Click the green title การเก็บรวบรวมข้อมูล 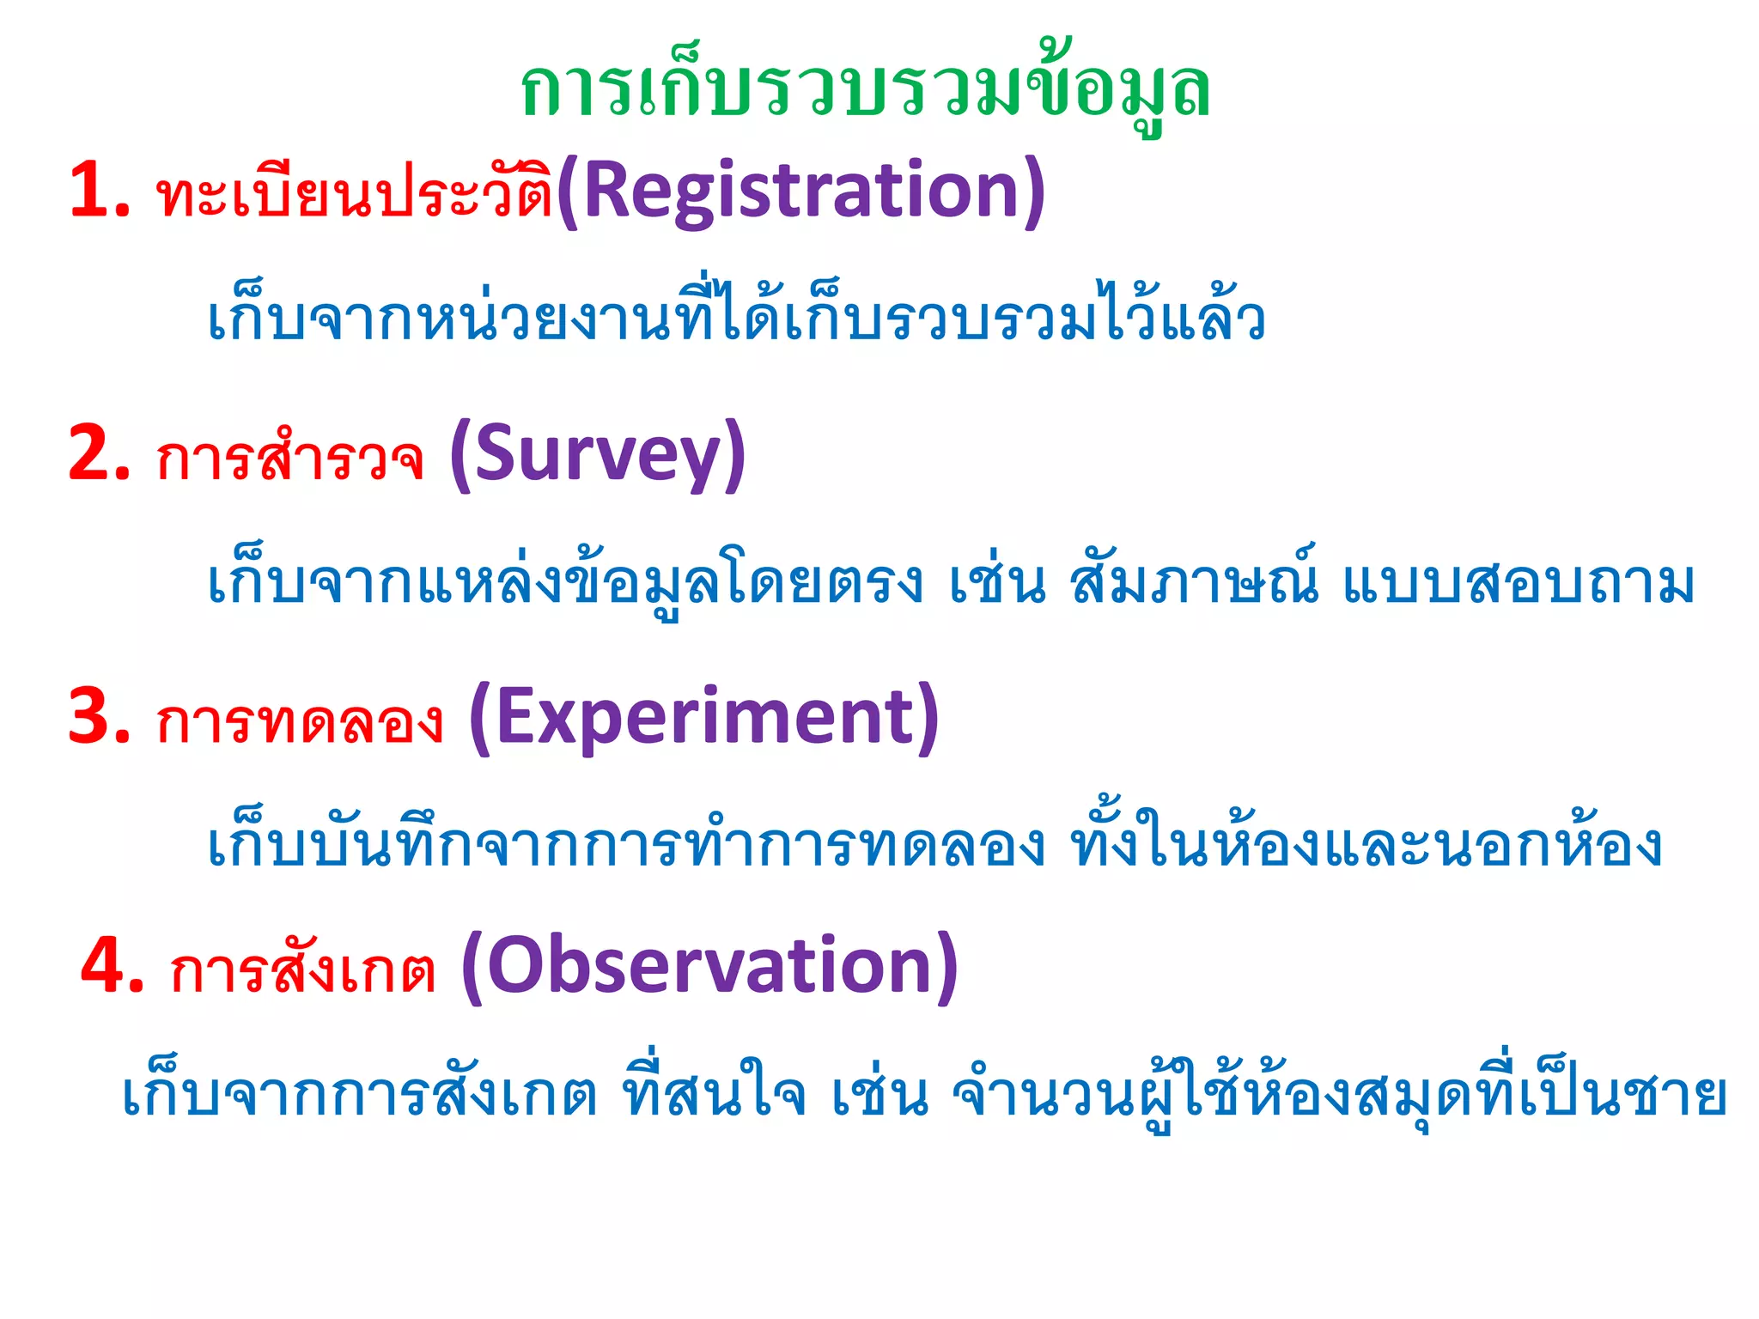tap(865, 91)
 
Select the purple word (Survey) tap(598, 454)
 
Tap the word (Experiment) tap(704, 717)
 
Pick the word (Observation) tap(709, 965)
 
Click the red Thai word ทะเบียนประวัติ tap(354, 192)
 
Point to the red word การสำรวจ tap(289, 459)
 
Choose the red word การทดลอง tap(299, 721)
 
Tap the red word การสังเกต tap(302, 970)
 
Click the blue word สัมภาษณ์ tap(1194, 580)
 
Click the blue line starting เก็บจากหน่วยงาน tap(736, 318)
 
